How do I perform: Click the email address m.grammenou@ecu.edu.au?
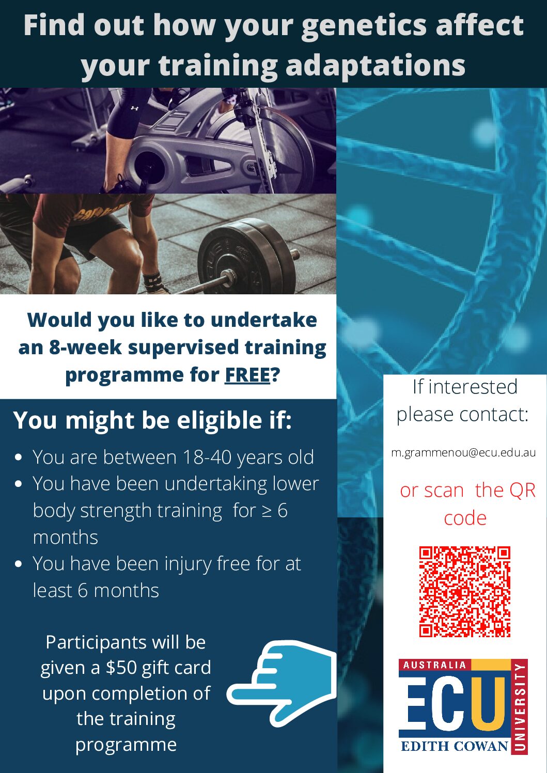point(463,453)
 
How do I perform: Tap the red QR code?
point(464,591)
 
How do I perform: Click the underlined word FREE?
point(247,375)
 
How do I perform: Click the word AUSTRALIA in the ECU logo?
point(434,665)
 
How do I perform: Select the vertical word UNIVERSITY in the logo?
point(521,707)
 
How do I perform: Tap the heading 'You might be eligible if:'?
point(152,420)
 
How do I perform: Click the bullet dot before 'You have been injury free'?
point(19,564)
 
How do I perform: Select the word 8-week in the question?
point(85,347)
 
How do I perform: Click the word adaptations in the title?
point(376,66)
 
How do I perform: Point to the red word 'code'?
point(465,518)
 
